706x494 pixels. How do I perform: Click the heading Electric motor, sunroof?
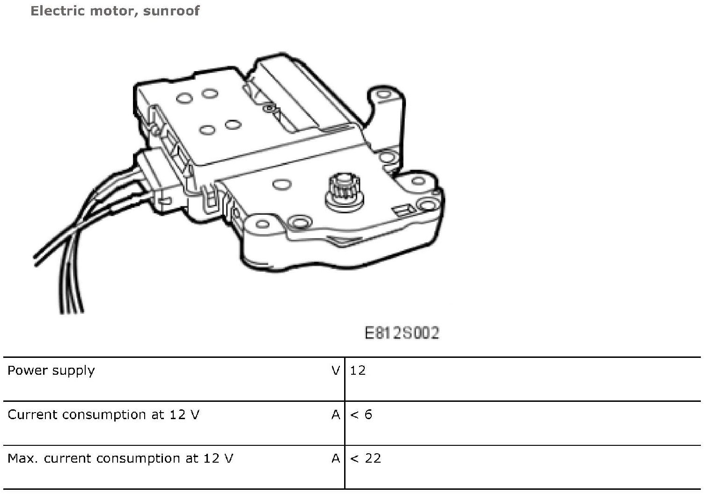[x=115, y=11]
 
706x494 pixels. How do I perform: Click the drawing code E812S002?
[x=402, y=333]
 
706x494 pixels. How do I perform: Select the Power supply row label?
[x=51, y=370]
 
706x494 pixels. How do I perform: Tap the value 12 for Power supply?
[x=358, y=370]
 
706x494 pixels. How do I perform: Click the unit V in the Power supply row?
[x=336, y=370]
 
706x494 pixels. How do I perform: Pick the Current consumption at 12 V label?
[x=103, y=414]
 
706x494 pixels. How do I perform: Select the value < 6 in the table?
[x=361, y=414]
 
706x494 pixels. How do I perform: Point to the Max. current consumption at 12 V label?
[x=120, y=458]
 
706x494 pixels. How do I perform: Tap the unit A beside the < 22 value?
[x=336, y=458]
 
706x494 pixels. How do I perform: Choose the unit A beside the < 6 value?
[x=336, y=414]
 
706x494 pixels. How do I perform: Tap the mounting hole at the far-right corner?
[x=427, y=204]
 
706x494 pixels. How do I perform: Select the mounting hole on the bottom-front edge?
[x=298, y=221]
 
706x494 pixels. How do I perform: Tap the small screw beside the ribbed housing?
[x=269, y=109]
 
